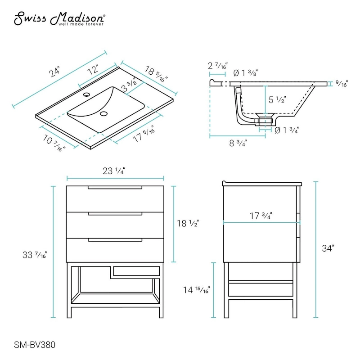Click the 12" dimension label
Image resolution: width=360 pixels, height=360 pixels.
pyautogui.click(x=93, y=70)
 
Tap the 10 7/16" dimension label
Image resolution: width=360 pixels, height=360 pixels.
pyautogui.click(x=54, y=142)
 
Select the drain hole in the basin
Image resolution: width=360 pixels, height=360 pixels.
pyautogui.click(x=105, y=114)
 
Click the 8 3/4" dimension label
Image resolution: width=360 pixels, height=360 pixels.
pyautogui.click(x=237, y=144)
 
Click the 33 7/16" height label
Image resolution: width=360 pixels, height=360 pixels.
pyautogui.click(x=36, y=255)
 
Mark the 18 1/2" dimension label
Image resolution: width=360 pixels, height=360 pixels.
pyautogui.click(x=188, y=223)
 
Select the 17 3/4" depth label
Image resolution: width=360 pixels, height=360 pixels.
pyautogui.click(x=261, y=216)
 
